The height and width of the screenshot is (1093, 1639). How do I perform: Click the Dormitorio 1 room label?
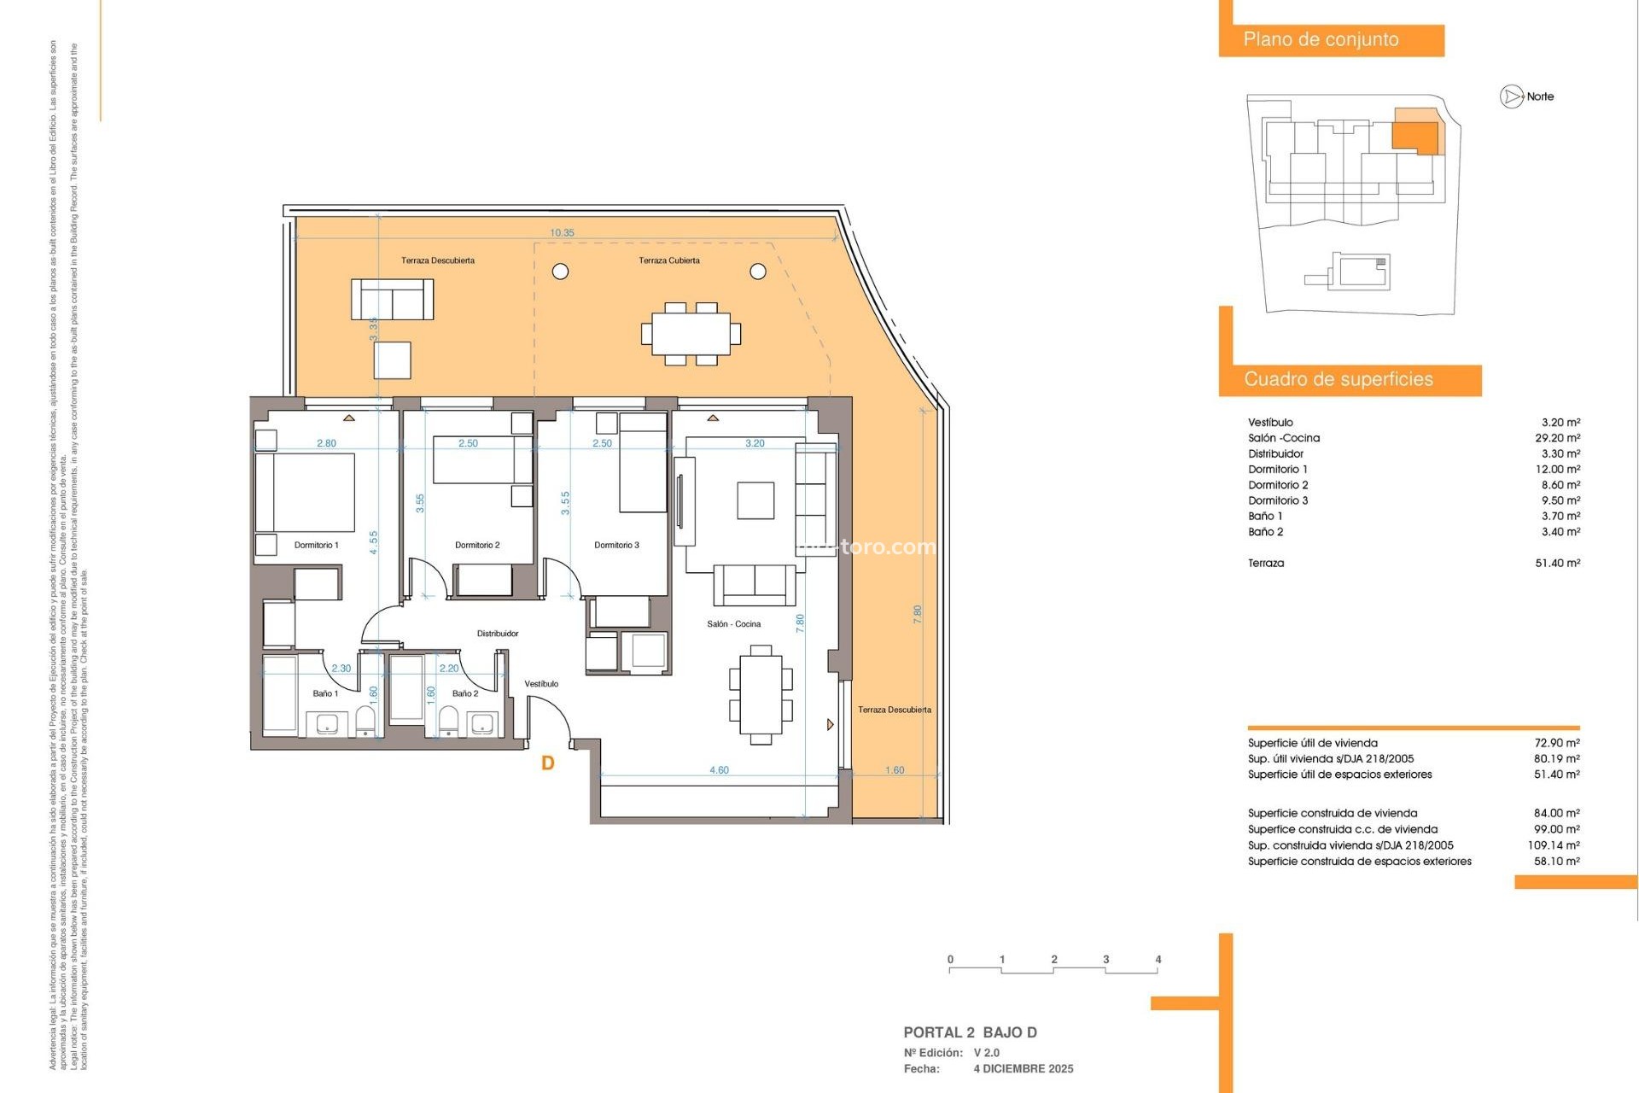316,545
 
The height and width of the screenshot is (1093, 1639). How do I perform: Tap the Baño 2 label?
465,693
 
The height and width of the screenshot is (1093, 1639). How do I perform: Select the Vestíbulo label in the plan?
541,684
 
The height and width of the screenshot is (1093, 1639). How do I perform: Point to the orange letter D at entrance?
548,763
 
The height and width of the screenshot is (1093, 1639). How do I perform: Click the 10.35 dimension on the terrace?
562,233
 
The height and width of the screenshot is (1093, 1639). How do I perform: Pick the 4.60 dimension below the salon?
719,770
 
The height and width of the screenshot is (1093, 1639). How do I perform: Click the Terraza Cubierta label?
669,260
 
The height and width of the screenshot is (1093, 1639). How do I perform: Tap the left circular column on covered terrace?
560,272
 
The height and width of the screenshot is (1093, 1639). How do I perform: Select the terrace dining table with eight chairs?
691,334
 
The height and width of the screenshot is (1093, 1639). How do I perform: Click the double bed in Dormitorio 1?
305,493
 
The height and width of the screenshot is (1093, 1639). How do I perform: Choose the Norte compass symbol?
1512,96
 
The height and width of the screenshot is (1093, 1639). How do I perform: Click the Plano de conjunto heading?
1321,39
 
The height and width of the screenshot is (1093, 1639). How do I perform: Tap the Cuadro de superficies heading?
1338,379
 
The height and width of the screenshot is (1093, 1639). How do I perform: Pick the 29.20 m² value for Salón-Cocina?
1557,438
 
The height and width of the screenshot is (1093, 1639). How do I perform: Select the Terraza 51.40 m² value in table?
1557,563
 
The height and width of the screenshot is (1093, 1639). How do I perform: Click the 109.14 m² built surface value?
1553,845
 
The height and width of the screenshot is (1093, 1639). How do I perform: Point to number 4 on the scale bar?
1158,959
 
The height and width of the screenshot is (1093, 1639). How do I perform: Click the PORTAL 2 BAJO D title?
970,1032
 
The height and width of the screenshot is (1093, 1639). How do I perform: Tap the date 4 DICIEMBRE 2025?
1024,1068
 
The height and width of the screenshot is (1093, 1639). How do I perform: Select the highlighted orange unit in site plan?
1414,136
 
